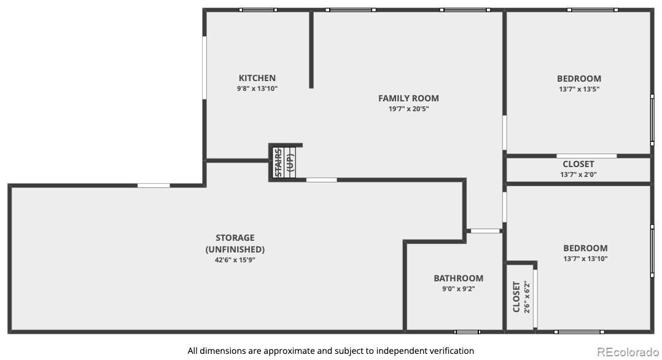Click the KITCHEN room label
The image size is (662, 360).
pos(257,78)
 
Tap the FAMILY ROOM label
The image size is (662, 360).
pos(408,98)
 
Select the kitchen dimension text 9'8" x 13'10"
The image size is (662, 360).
pos(257,88)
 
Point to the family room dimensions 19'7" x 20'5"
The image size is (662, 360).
pos(408,109)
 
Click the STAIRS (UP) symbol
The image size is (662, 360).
pos(284,162)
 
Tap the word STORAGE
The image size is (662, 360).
pos(235,238)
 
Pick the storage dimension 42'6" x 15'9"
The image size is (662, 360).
pos(235,260)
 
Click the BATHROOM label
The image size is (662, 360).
pos(459,278)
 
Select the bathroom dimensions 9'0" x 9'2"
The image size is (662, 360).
pos(459,289)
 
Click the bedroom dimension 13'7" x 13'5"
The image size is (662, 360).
pos(579,89)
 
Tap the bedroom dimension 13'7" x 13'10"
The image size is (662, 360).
pos(585,259)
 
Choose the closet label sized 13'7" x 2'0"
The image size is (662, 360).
pos(578,165)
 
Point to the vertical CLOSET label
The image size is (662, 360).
pos(516,297)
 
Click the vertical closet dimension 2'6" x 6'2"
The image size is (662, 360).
pos(527,297)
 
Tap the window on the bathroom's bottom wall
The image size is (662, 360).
pos(467,332)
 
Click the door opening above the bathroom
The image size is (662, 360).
pos(485,231)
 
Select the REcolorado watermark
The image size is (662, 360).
pos(628,352)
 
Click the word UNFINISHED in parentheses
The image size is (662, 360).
pos(235,249)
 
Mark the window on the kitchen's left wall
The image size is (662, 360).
pos(204,68)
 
